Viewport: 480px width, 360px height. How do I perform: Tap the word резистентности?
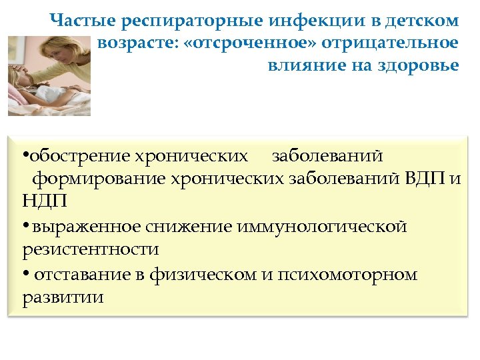coord(90,249)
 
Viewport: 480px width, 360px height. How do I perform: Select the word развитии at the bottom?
coord(63,297)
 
